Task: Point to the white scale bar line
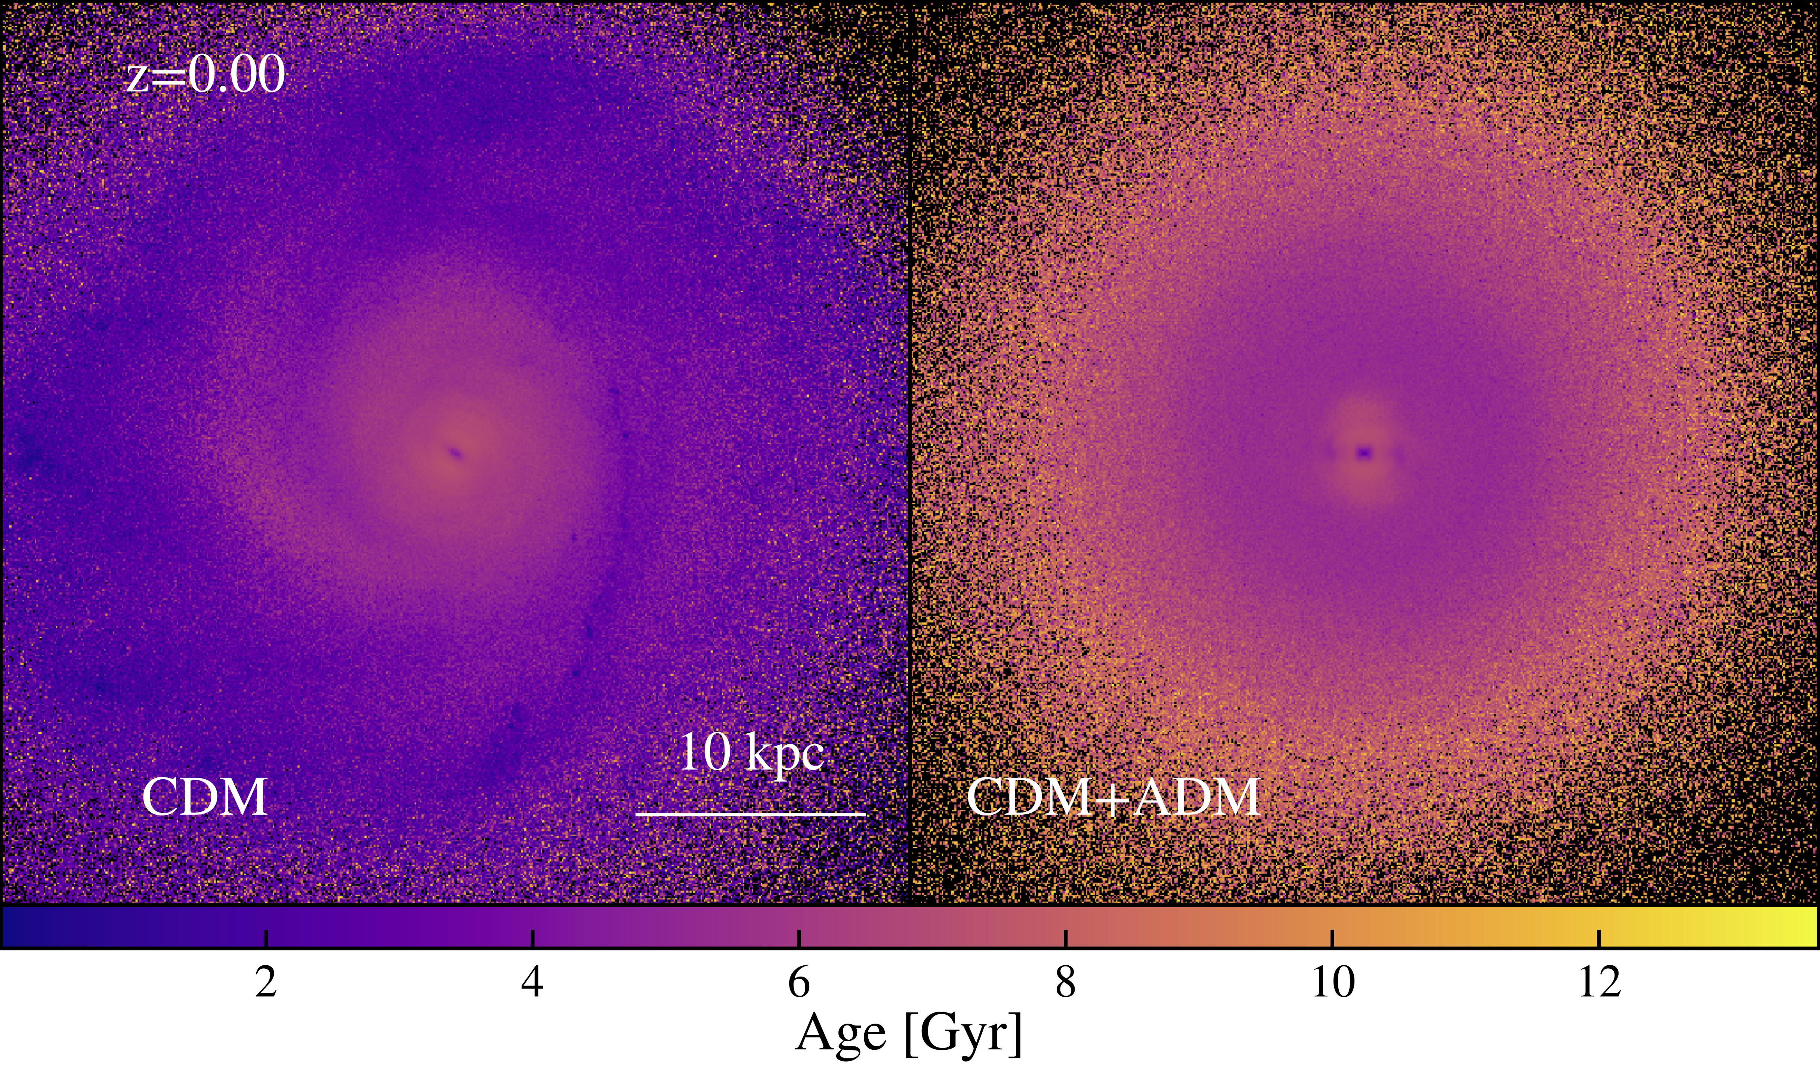pyautogui.click(x=751, y=813)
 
